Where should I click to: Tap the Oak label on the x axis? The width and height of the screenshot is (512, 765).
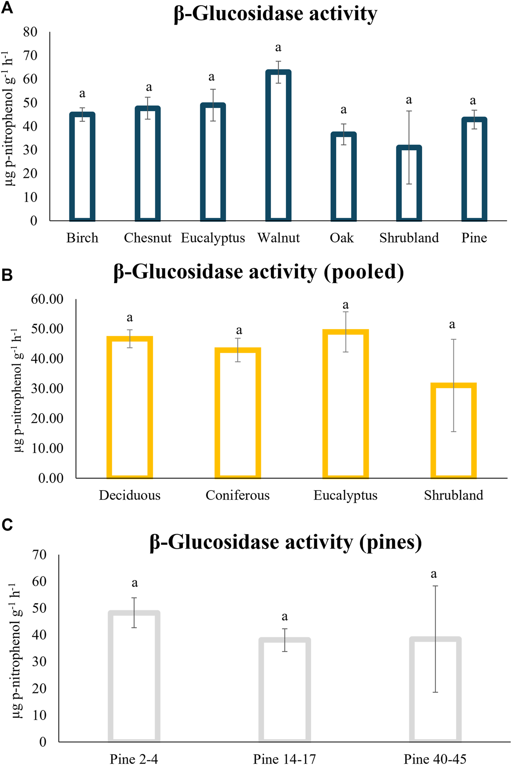pyautogui.click(x=342, y=238)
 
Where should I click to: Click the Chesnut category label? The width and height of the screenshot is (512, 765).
pyautogui.click(x=148, y=238)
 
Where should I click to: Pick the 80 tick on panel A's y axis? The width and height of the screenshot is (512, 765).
pyautogui.click(x=30, y=32)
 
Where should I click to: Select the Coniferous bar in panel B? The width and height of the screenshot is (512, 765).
pyautogui.click(x=238, y=413)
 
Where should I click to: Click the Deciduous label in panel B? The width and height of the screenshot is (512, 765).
pyautogui.click(x=130, y=495)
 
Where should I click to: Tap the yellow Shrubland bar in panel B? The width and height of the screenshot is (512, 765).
pyautogui.click(x=454, y=430)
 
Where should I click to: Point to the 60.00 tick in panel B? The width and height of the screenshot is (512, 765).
pyautogui.click(x=47, y=299)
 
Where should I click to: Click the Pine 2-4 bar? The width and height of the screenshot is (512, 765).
pyautogui.click(x=134, y=676)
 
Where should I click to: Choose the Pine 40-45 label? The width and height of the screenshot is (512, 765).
pyautogui.click(x=435, y=759)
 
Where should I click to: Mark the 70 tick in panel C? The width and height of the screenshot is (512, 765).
pyautogui.click(x=39, y=555)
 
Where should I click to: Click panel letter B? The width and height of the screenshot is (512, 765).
pyautogui.click(x=7, y=275)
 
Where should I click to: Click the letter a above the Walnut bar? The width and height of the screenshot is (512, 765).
pyautogui.click(x=278, y=48)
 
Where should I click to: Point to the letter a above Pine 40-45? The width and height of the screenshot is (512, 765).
pyautogui.click(x=434, y=574)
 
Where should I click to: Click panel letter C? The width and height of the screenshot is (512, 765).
pyautogui.click(x=7, y=525)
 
